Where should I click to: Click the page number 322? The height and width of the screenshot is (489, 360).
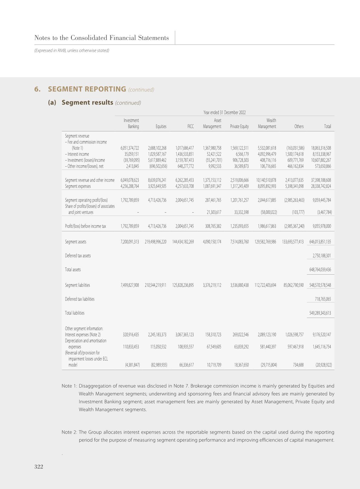point(39,467)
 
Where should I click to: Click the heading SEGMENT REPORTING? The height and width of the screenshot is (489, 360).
point(87,89)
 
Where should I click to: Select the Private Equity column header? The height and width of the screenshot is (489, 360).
point(239,127)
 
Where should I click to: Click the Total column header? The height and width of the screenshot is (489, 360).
point(327,127)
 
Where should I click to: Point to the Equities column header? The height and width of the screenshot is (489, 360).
point(161,127)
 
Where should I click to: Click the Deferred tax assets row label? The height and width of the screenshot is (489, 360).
point(78,256)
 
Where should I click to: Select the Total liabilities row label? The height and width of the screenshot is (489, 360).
point(75,313)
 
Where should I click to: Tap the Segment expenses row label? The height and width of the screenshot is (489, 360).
point(78,186)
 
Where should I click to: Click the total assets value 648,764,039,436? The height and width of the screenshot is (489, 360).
point(320,269)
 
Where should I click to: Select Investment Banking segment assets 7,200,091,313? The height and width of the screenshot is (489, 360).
point(130,242)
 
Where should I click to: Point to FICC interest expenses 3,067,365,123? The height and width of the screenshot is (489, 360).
point(185,335)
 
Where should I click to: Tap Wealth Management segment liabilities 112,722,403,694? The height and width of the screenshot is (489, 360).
point(265,285)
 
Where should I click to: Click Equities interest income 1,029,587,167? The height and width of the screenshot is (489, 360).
point(157,154)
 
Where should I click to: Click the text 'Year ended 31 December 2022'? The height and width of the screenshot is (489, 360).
point(224,112)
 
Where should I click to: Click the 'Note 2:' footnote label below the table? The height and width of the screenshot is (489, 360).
point(69,432)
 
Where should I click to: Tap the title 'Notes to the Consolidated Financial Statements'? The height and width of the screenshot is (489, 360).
point(102,38)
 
